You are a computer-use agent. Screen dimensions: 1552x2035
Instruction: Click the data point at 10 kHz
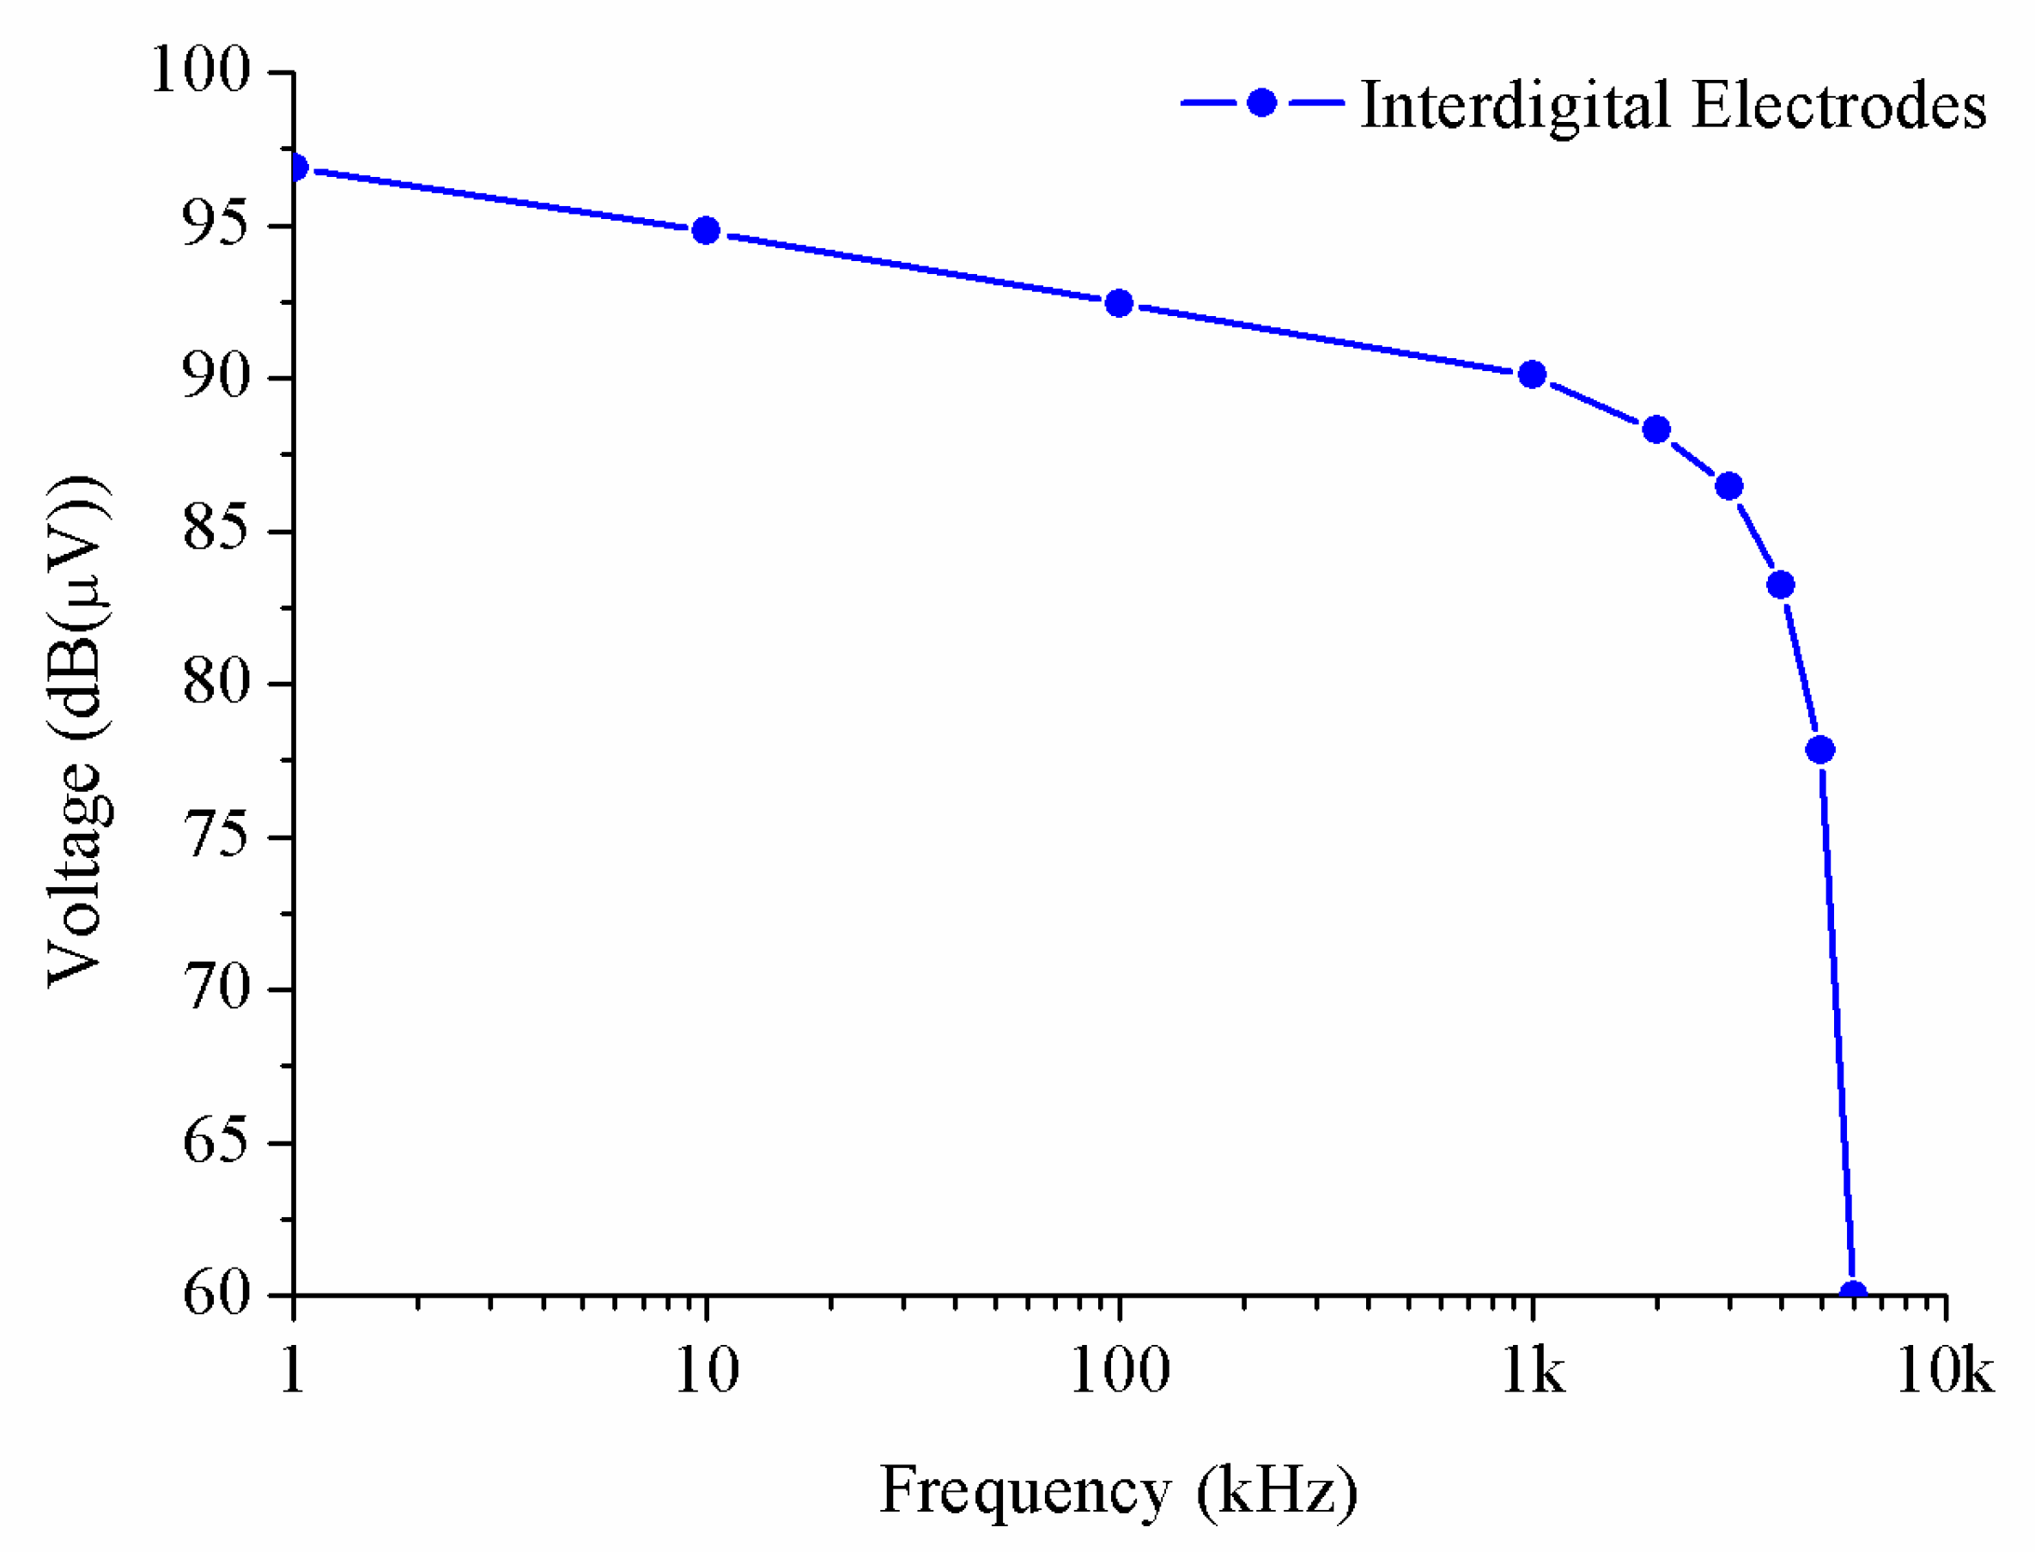click(x=706, y=230)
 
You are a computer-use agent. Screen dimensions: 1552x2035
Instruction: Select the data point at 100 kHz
click(x=1119, y=303)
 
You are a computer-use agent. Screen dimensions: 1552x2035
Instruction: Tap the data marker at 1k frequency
click(x=1532, y=374)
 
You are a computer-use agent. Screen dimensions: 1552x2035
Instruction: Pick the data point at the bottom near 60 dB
click(x=1852, y=1293)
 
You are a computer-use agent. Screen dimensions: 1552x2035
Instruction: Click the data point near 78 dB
click(x=1819, y=750)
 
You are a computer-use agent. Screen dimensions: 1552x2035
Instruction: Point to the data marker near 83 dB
click(x=1780, y=585)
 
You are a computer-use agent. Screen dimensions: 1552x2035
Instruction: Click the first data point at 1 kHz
click(x=296, y=167)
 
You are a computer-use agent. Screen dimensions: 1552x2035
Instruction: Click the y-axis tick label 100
click(x=200, y=70)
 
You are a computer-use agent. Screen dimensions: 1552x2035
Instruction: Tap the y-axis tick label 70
click(x=216, y=988)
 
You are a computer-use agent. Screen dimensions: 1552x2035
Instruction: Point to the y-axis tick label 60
click(x=216, y=1293)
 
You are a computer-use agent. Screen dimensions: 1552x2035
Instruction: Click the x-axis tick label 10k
click(x=1945, y=1371)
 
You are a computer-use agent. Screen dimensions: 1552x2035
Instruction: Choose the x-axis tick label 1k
click(x=1533, y=1371)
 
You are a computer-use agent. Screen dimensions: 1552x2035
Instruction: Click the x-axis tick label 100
click(x=1119, y=1371)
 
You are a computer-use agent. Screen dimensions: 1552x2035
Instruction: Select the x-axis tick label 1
click(x=292, y=1371)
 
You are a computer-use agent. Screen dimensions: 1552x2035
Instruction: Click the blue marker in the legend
click(x=1261, y=102)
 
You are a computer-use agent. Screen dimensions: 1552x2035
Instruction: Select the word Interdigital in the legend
click(x=1516, y=106)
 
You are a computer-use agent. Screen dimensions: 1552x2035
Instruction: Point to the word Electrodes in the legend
click(x=1839, y=106)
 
